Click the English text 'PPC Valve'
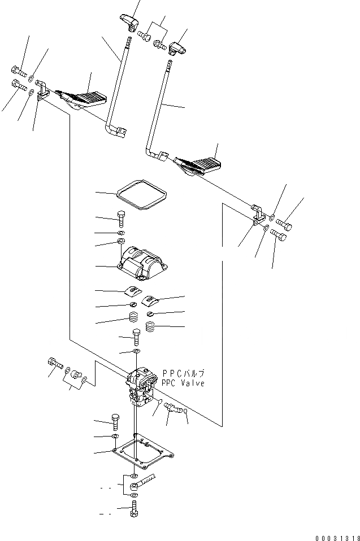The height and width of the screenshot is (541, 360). tap(183, 383)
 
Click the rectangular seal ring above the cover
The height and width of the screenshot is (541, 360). tap(141, 195)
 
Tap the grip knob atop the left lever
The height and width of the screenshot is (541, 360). tap(129, 23)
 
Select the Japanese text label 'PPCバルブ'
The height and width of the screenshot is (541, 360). tap(183, 373)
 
